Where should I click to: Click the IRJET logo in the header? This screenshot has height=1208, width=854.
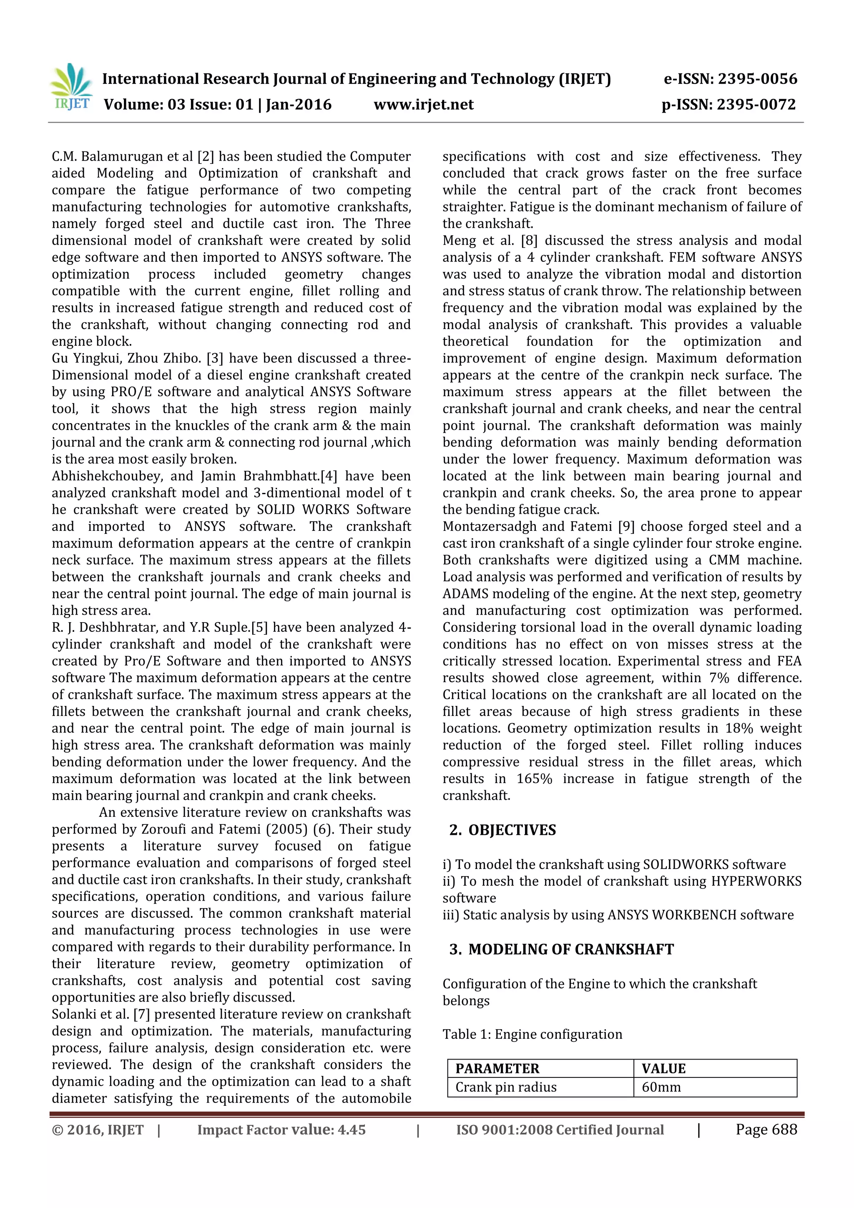[x=70, y=87]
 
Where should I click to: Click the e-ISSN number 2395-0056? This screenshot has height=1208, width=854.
[x=757, y=79]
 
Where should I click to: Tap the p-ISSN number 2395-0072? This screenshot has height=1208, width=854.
[x=756, y=105]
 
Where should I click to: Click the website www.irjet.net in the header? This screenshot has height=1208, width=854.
[x=424, y=105]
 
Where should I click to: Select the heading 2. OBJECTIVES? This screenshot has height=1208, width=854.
[x=502, y=830]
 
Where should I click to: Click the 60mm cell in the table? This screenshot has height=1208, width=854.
[x=661, y=1087]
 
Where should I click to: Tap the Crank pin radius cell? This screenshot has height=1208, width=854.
[x=506, y=1087]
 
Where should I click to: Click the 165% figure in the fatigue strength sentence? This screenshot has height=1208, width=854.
[x=534, y=779]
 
